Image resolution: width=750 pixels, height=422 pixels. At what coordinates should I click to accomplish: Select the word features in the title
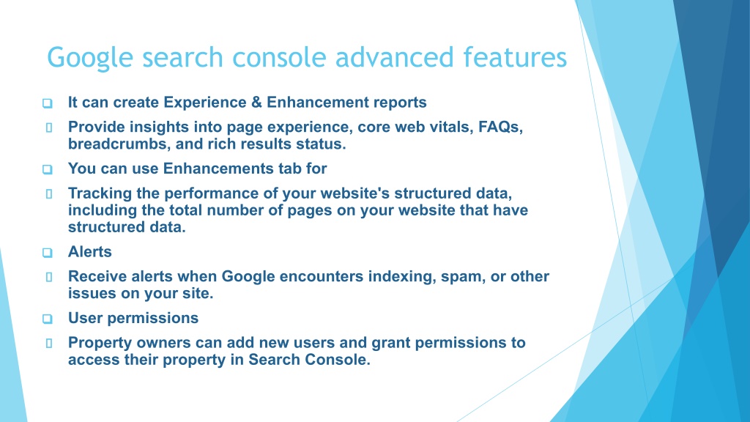pyautogui.click(x=515, y=57)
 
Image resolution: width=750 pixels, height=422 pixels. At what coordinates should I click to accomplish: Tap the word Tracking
pyautogui.click(x=100, y=193)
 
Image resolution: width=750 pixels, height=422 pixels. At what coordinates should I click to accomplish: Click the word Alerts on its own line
pyautogui.click(x=90, y=252)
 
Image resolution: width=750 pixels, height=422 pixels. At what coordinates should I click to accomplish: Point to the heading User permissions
pyautogui.click(x=133, y=318)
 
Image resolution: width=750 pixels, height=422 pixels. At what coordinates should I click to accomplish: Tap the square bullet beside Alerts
pyautogui.click(x=48, y=253)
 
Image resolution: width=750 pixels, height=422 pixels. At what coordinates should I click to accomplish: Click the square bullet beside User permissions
pyautogui.click(x=48, y=319)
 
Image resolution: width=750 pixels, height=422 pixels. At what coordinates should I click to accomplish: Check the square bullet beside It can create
pyautogui.click(x=48, y=103)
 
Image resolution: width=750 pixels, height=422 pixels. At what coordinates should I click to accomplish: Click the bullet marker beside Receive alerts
pyautogui.click(x=49, y=277)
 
